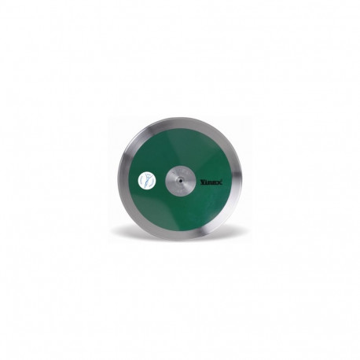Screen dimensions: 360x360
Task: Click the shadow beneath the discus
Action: [180, 236]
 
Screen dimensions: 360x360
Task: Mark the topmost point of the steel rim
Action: [180, 118]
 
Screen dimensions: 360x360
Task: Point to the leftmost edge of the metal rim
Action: [119, 179]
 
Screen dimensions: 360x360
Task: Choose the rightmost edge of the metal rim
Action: [241, 179]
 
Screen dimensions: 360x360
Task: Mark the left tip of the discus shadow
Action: [115, 233]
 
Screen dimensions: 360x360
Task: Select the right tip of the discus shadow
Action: [245, 233]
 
